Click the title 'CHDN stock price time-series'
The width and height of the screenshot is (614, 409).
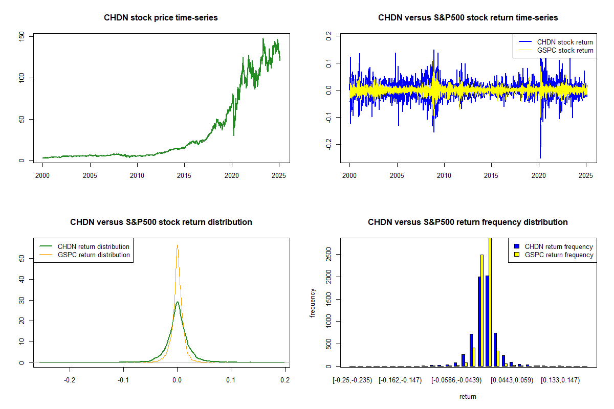point(161,18)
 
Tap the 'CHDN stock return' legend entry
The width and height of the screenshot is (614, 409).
point(565,42)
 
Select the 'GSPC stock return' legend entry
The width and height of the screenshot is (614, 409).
point(565,50)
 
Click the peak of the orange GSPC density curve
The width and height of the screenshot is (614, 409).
point(177,245)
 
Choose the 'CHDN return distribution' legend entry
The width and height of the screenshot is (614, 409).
point(94,246)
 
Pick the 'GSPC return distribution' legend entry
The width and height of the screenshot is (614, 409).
point(94,255)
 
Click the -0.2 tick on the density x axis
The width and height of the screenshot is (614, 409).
point(69,380)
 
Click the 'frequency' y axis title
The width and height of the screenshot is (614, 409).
point(313,302)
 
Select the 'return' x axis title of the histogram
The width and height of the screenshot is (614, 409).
point(468,396)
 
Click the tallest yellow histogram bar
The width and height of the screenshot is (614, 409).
point(490,302)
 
